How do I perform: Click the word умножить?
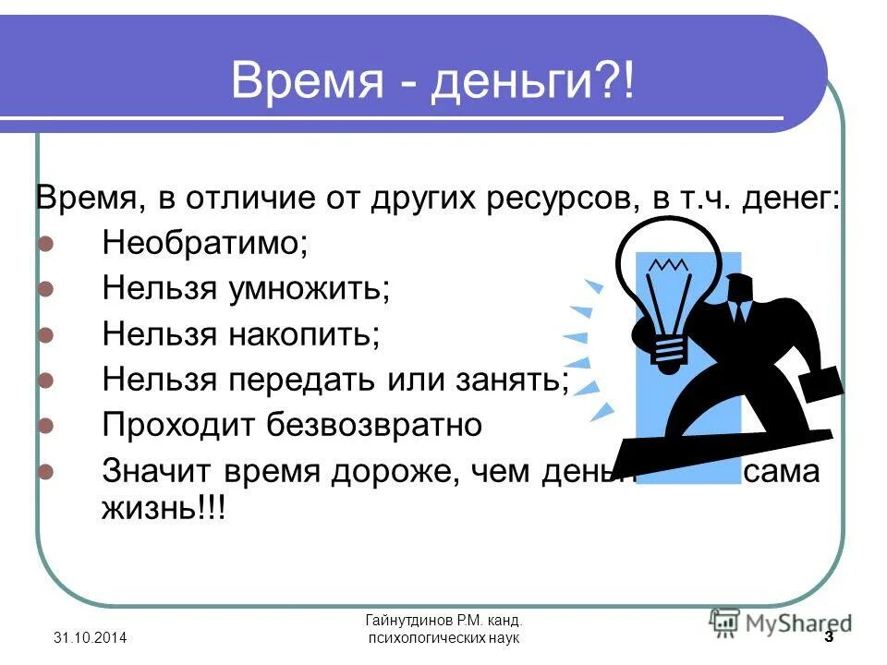pos(309,289)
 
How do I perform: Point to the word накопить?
pos(303,334)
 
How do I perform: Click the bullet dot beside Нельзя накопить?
pos(47,335)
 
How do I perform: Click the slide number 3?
pos(828,638)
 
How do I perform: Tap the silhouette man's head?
pos(743,286)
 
